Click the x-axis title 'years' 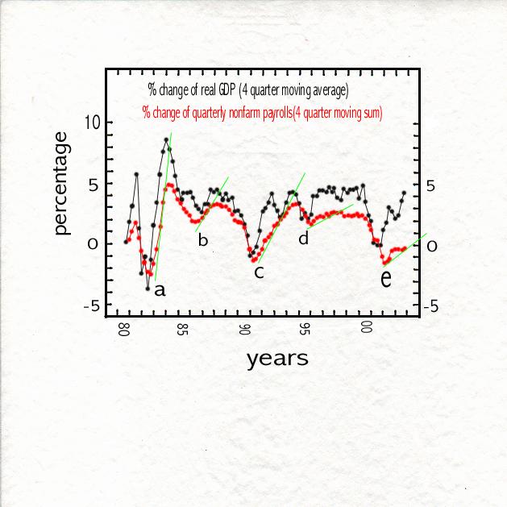pyautogui.click(x=277, y=358)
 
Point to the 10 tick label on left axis pyautogui.click(x=94, y=123)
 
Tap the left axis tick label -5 pyautogui.click(x=91, y=306)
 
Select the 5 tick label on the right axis pyautogui.click(x=431, y=185)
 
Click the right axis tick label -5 pyautogui.click(x=430, y=307)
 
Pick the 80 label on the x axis pyautogui.click(x=124, y=328)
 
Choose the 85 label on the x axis pyautogui.click(x=184, y=328)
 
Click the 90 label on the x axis pyautogui.click(x=244, y=328)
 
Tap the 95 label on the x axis pyautogui.click(x=305, y=328)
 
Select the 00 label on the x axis pyautogui.click(x=365, y=328)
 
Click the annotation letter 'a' pyautogui.click(x=160, y=290)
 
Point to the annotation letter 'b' pyautogui.click(x=203, y=240)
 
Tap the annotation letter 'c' pyautogui.click(x=259, y=272)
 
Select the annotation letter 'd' pyautogui.click(x=304, y=239)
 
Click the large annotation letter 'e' pyautogui.click(x=386, y=279)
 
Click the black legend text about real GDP pyautogui.click(x=248, y=89)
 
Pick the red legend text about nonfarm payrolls pyautogui.click(x=262, y=113)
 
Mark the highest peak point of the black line pyautogui.click(x=166, y=139)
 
